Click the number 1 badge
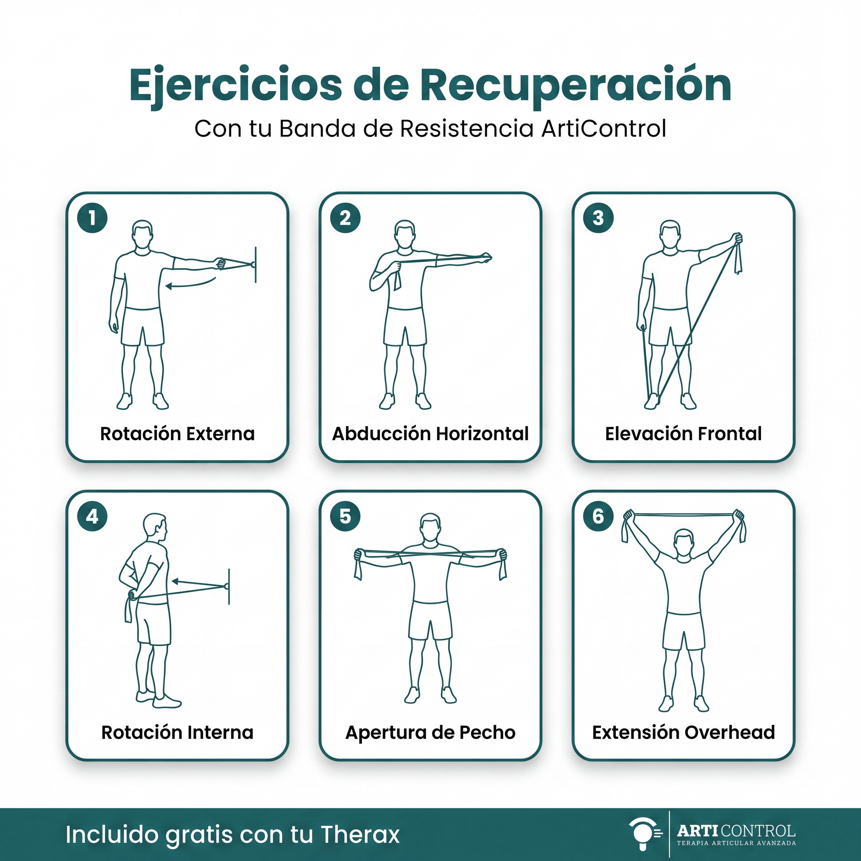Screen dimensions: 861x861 coord(92,218)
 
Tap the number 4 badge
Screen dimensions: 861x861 coord(92,516)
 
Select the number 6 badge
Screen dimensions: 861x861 coord(599,516)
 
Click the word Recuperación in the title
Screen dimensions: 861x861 coord(575,85)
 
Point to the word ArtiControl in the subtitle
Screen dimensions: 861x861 coord(604,129)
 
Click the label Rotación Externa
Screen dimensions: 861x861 coord(177,434)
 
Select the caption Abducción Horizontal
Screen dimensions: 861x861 coord(430,434)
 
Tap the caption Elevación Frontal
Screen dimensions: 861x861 coord(683,434)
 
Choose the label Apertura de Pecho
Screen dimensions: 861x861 coord(430,732)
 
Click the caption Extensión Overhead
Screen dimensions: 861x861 coord(683,732)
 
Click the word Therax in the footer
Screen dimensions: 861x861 coord(360,835)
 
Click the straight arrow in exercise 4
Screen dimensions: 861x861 coord(200,583)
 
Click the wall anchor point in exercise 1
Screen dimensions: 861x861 coord(254,265)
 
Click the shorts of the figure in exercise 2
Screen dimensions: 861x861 coord(405,326)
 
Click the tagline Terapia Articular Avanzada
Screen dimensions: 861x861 coord(736,843)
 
